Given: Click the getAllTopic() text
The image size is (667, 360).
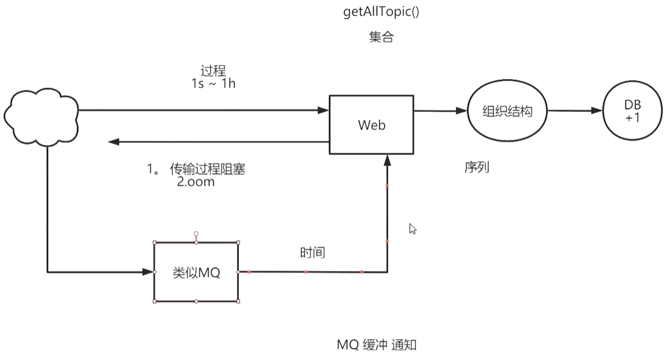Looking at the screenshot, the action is [381, 12].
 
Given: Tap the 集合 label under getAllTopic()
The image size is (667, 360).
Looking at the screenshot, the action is [381, 37].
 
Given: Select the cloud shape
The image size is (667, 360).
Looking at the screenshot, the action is [41, 117].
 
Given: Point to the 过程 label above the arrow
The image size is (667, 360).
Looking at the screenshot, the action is [213, 70].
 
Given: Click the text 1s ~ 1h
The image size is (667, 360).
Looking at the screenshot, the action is [213, 83].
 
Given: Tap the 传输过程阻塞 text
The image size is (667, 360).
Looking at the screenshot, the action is [208, 169].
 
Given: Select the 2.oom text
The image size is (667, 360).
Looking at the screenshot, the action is [196, 182].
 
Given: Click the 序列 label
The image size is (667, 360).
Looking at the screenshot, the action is [477, 167].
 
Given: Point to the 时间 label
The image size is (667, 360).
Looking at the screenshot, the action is [312, 253].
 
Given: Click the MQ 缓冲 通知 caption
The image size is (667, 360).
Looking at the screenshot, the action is [377, 345].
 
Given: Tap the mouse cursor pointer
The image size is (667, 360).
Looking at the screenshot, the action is [412, 229].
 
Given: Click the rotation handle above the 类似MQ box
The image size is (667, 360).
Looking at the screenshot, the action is [196, 234].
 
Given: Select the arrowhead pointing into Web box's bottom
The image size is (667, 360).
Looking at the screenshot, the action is [387, 160].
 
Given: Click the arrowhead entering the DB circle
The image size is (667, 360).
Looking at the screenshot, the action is [597, 111].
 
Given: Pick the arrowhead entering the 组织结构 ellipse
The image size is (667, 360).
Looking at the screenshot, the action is [462, 111].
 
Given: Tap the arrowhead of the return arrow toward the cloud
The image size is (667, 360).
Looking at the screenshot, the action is [113, 142].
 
